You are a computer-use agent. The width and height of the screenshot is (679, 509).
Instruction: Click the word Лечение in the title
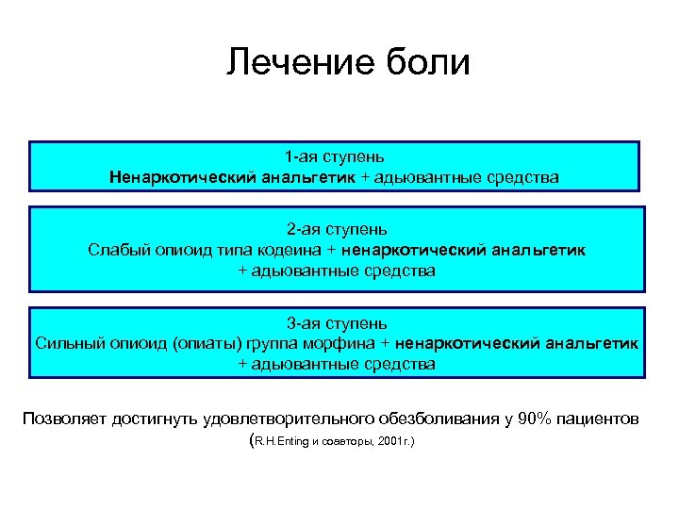pyautogui.click(x=289, y=62)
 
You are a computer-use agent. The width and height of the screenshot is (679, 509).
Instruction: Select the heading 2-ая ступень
pyautogui.click(x=337, y=229)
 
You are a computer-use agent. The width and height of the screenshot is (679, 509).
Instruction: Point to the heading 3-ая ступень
pyautogui.click(x=337, y=321)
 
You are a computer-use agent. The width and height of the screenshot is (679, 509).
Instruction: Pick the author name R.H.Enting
pyautogui.click(x=282, y=440)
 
